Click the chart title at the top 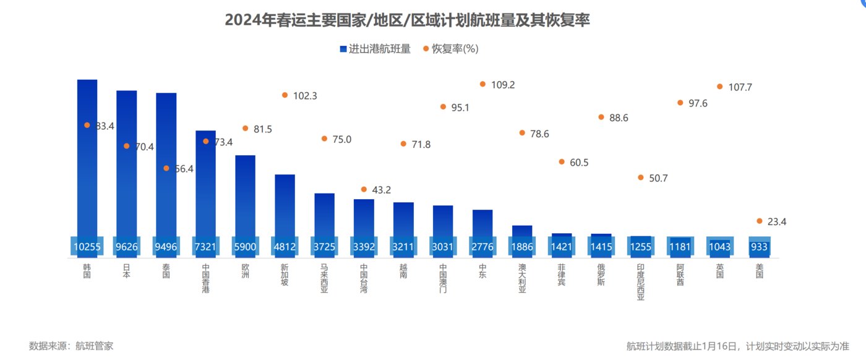click(x=407, y=20)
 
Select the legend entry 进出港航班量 click(x=375, y=49)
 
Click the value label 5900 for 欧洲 click(x=246, y=247)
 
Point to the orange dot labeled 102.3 click(x=285, y=95)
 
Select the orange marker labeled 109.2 click(x=482, y=84)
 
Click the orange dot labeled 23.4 click(x=760, y=221)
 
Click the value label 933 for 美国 click(x=759, y=247)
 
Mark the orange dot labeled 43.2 click(x=364, y=189)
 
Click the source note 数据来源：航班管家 click(x=71, y=346)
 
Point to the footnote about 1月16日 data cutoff click(x=737, y=346)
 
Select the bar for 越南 click(x=403, y=220)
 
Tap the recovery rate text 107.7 click(x=740, y=88)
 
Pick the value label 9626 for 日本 click(x=127, y=247)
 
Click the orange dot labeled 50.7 click(x=641, y=177)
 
